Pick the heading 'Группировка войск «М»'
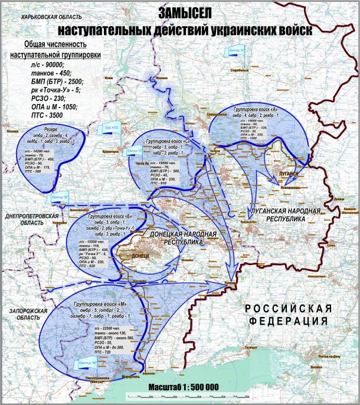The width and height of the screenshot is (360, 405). pos(95,304)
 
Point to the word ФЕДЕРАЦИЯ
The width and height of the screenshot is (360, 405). pos(288,321)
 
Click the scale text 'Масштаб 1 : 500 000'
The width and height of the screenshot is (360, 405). pos(183,386)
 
